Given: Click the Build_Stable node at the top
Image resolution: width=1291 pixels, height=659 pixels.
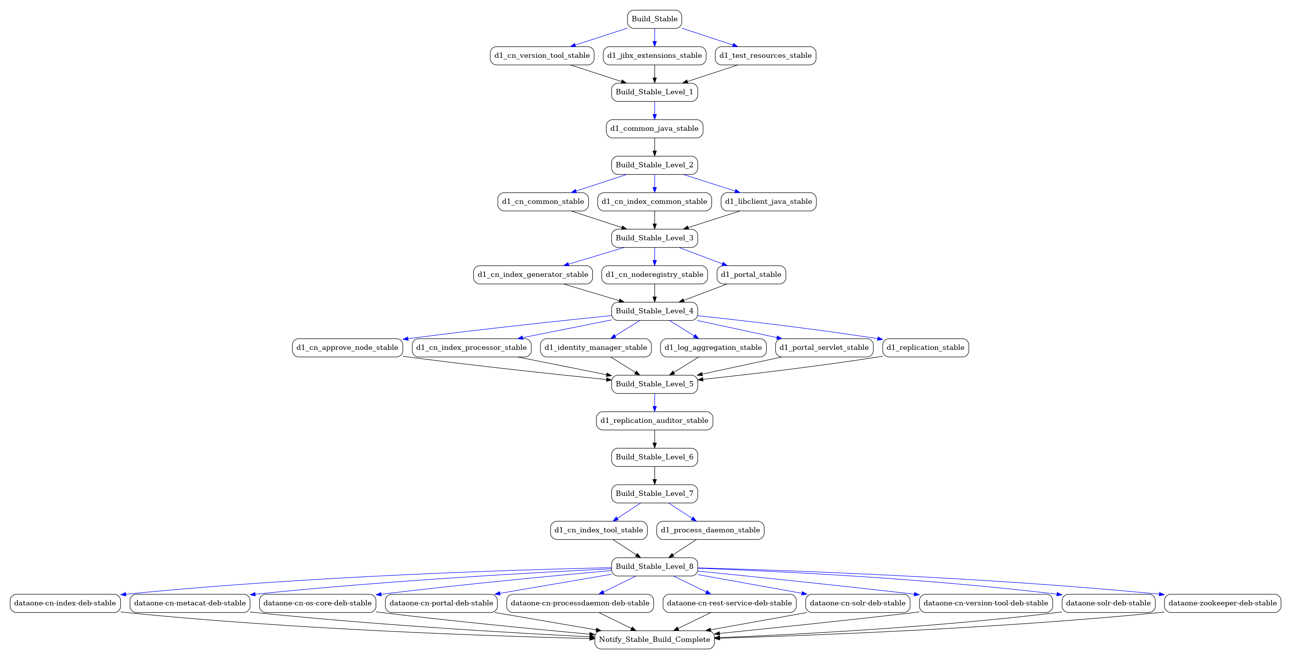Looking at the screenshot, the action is click(654, 19).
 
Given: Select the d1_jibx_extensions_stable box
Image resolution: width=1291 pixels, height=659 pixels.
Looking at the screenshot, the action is click(654, 56).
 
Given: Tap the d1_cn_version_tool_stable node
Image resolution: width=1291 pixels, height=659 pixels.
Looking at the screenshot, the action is click(542, 56).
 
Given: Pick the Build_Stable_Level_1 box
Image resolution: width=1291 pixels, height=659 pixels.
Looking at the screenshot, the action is click(654, 92).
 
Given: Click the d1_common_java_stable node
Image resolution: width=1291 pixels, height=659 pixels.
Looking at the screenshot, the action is click(654, 129).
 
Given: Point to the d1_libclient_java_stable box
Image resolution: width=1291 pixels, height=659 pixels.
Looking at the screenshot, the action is click(768, 202).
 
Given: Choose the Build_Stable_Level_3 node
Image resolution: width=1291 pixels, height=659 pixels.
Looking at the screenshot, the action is click(654, 238).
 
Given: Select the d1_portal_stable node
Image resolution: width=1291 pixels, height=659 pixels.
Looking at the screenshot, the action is click(751, 275).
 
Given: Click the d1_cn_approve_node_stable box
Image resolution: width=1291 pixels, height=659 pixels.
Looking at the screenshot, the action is click(347, 348).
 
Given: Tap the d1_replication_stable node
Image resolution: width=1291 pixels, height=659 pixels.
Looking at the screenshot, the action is click(926, 348).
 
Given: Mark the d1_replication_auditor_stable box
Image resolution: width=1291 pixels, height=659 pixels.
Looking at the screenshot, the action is click(654, 421).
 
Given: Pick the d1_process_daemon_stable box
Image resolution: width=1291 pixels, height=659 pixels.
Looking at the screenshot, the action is click(710, 530).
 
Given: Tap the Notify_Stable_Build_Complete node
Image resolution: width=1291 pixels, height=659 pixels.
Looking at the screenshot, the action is click(654, 640).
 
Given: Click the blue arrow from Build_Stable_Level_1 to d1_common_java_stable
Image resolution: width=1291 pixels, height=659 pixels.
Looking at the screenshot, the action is click(654, 111).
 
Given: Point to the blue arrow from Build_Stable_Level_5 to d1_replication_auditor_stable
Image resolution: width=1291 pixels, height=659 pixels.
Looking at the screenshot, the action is click(654, 403).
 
